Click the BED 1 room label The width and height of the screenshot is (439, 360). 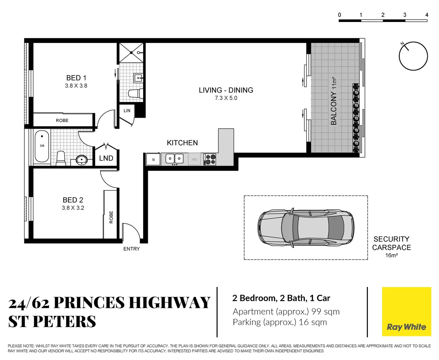(x=76, y=78)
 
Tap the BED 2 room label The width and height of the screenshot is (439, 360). (x=73, y=200)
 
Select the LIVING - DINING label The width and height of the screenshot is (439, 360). (x=226, y=90)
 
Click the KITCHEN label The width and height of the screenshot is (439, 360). (x=182, y=143)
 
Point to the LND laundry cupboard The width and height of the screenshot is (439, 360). (x=106, y=158)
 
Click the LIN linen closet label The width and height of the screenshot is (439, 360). (x=127, y=111)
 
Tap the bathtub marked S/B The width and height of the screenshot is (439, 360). (x=42, y=146)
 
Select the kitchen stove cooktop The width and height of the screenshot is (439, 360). (x=210, y=159)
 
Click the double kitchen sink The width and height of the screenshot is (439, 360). (x=174, y=159)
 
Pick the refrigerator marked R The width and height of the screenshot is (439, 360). (x=153, y=159)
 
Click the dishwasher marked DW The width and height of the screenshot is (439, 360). (x=194, y=159)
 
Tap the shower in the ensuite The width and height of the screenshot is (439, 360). (x=132, y=53)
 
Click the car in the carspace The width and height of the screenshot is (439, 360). (x=306, y=228)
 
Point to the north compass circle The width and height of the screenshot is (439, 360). (x=413, y=56)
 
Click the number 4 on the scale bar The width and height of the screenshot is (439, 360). (x=427, y=15)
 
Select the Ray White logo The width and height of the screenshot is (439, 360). (x=406, y=312)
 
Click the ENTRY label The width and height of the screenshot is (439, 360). (x=131, y=249)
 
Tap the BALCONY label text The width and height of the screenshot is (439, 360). (x=334, y=108)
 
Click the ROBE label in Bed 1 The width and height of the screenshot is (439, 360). (x=62, y=120)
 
